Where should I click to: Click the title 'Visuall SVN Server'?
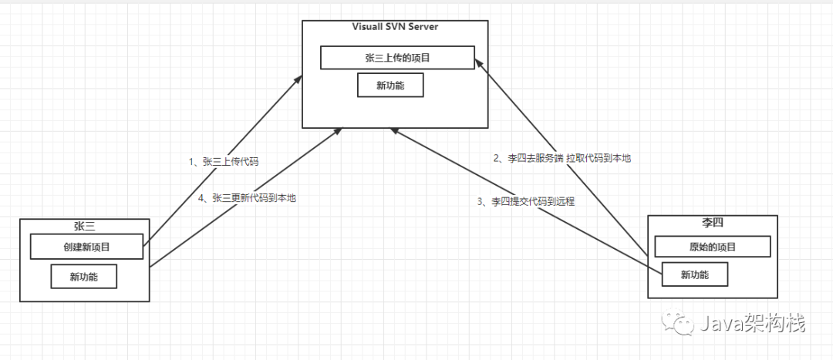click(395, 27)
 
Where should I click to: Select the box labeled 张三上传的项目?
click(397, 57)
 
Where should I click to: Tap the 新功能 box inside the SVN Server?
click(390, 85)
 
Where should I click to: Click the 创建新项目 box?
click(86, 247)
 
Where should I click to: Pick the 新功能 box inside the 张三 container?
click(84, 276)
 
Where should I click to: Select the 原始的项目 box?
click(712, 247)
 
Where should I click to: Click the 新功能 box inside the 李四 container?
click(694, 274)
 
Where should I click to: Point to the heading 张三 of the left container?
click(85, 226)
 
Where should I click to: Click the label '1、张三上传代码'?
click(223, 162)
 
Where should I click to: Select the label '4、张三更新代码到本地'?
click(247, 198)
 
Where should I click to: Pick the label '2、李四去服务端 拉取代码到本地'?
click(562, 158)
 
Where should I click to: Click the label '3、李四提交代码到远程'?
click(525, 202)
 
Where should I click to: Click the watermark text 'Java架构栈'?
click(751, 322)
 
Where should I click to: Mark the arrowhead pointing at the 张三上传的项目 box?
click(478, 64)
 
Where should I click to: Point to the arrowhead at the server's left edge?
click(298, 79)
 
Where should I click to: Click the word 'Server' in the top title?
click(423, 27)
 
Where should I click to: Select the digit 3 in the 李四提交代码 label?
click(479, 202)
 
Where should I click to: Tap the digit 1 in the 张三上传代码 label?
click(191, 162)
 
